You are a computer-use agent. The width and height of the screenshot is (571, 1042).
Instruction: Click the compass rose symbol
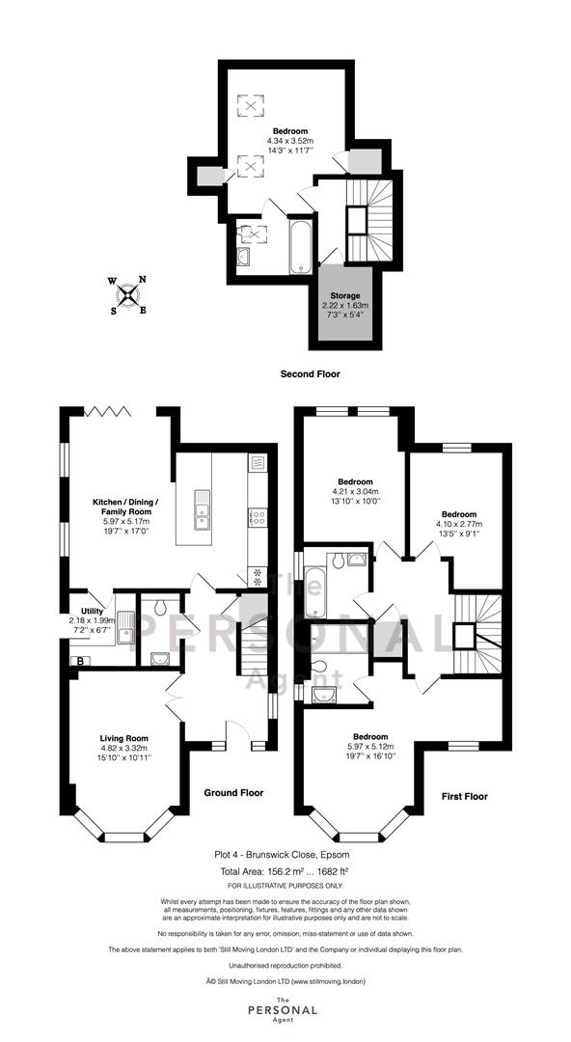[x=128, y=294]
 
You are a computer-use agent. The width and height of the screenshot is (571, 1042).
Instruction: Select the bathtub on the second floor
[x=301, y=245]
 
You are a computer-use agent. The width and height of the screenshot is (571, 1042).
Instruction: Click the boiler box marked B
[x=80, y=661]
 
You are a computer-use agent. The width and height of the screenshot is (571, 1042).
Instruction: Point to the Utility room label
[x=92, y=612]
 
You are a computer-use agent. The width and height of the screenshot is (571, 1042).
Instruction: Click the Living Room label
[x=123, y=738]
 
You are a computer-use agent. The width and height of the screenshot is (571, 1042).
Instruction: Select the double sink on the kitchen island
[x=202, y=510]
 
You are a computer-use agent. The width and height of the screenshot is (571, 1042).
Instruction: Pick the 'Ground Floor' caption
[x=233, y=793]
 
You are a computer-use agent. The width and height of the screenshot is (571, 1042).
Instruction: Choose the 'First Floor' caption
[x=465, y=796]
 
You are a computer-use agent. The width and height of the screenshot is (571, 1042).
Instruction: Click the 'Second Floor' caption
[x=310, y=374]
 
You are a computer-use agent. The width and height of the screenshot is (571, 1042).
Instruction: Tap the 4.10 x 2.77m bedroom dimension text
[x=459, y=524]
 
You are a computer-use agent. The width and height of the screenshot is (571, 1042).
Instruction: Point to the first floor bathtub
[x=315, y=591]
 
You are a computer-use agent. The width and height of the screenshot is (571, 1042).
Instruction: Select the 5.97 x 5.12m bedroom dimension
[x=370, y=746]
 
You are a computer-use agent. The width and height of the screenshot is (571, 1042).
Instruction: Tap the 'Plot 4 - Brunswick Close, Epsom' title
[x=282, y=855]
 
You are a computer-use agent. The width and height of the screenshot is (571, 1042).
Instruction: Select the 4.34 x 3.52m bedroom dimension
[x=290, y=141]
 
